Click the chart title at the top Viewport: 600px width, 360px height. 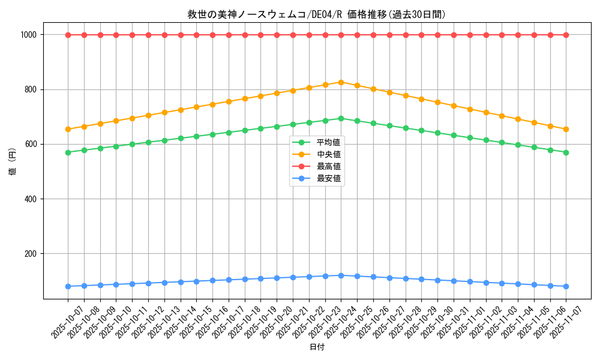pos(300,14)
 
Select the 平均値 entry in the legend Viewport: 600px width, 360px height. pos(329,142)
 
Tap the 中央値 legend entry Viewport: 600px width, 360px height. pos(329,154)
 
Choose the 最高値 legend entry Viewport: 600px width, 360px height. pos(329,166)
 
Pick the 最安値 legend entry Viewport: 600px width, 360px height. pos(329,178)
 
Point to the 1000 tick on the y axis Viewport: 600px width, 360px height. pos(30,35)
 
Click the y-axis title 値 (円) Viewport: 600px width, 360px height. pos(12,162)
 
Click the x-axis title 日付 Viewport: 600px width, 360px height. pos(317,347)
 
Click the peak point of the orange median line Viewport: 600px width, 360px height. pos(341,82)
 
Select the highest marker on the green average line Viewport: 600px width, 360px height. pos(341,118)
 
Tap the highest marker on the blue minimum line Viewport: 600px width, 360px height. pos(341,275)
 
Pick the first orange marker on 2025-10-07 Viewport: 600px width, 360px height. pos(68,129)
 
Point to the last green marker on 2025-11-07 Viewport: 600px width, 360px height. pos(566,152)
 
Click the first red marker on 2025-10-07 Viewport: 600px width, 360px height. pos(68,35)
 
